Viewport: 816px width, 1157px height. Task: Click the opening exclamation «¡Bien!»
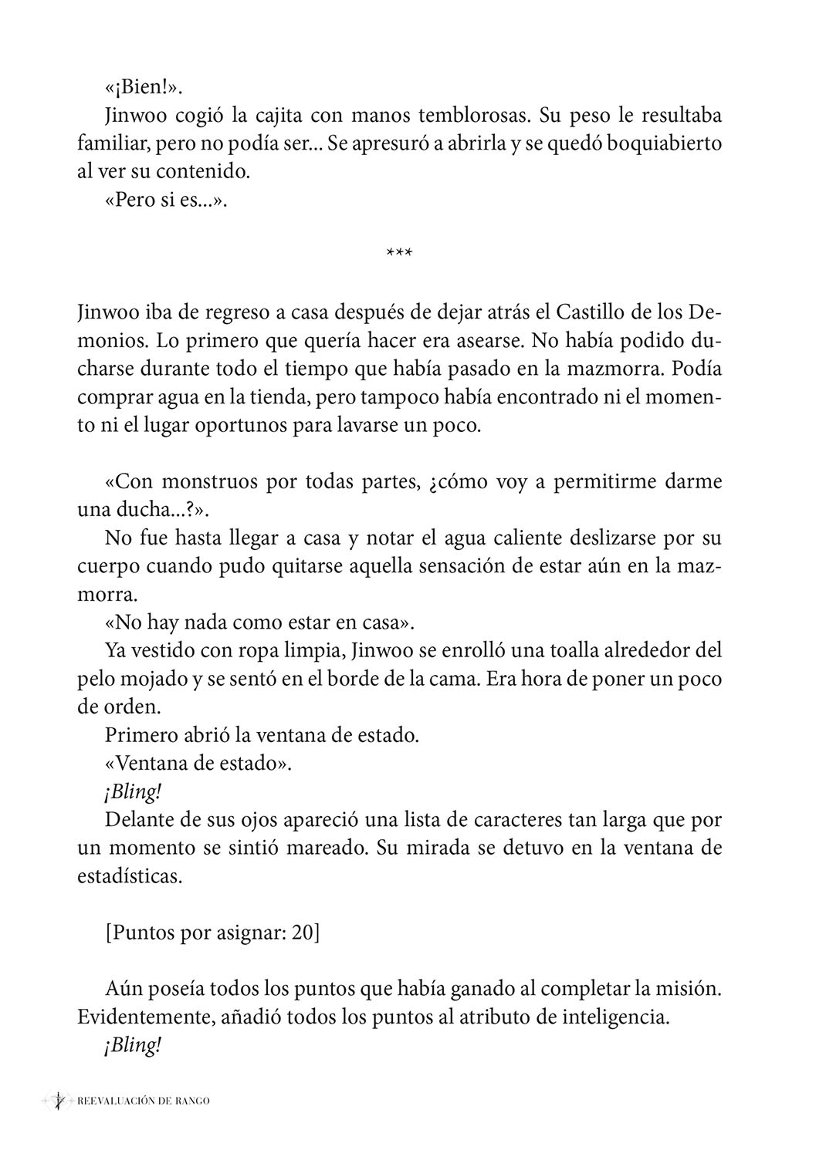pos(143,87)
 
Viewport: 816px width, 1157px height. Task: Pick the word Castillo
pos(567,314)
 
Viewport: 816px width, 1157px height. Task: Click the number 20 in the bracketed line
pos(302,932)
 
